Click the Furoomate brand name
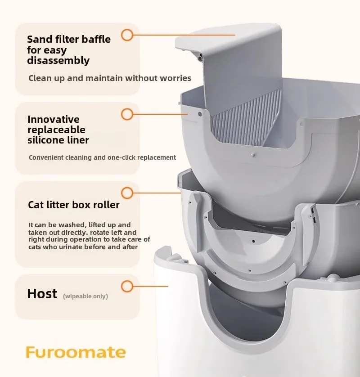76,352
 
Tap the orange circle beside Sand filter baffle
127,35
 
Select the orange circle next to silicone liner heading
127,114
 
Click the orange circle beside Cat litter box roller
127,193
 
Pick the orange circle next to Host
127,286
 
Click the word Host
42,294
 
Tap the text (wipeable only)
85,296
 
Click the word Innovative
54,119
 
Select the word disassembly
58,61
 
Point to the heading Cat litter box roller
74,205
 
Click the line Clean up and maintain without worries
110,78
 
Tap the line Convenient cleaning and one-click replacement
102,157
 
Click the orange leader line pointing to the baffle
184,35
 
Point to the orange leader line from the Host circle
151,286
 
